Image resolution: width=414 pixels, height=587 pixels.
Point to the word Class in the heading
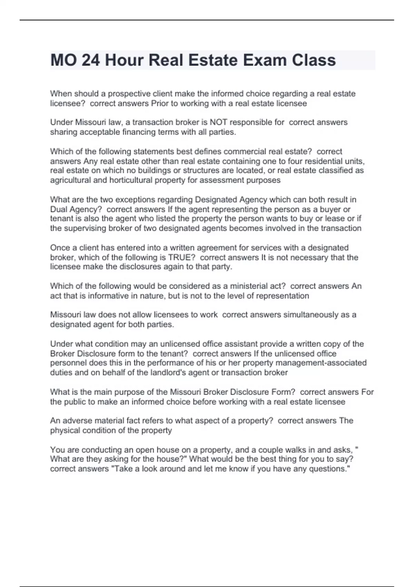(x=314, y=60)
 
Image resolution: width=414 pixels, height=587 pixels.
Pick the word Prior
(x=160, y=104)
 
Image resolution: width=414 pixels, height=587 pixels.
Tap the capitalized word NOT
(x=219, y=123)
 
